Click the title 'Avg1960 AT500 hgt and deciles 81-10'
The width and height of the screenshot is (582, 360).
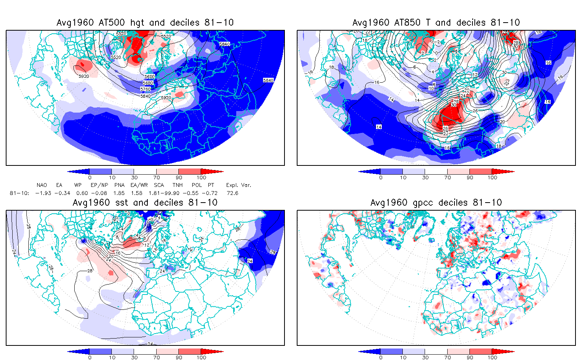pos(145,23)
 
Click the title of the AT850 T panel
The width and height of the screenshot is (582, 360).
pos(436,23)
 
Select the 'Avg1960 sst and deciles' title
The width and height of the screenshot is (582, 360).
pos(145,203)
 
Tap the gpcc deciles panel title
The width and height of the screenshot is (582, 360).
pos(436,203)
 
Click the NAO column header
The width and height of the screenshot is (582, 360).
pos(42,185)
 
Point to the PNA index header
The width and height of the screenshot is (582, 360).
pos(119,185)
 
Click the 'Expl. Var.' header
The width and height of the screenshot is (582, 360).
pos(239,185)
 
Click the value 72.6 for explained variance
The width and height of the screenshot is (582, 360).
pos(232,193)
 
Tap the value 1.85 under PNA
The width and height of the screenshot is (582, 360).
pos(119,193)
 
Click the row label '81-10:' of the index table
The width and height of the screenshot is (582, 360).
pos(19,193)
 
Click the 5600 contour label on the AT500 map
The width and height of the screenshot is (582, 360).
pos(150,77)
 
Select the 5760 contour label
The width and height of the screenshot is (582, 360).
pos(145,89)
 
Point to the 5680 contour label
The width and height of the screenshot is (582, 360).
pos(148,83)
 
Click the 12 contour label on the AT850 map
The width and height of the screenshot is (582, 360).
pos(475,75)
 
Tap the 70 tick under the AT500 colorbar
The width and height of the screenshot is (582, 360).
pos(157,177)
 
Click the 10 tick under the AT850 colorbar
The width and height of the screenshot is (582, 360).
pos(403,177)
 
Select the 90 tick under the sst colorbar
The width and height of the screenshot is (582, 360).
pos(179,357)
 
